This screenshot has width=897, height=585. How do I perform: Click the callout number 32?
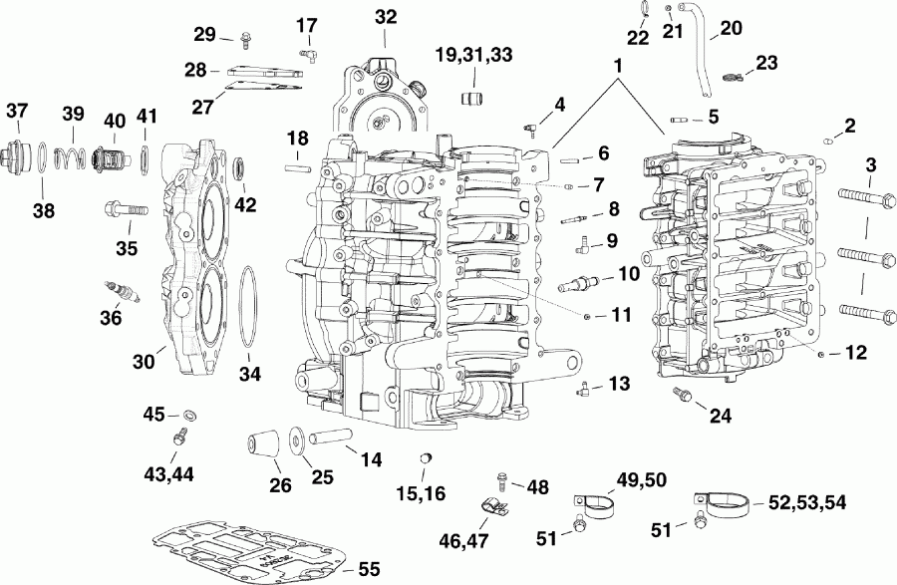point(385,16)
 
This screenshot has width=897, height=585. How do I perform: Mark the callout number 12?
point(855,352)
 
